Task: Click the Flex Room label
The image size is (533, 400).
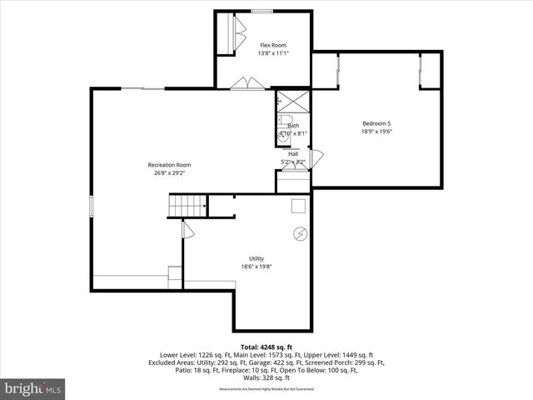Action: pyautogui.click(x=274, y=45)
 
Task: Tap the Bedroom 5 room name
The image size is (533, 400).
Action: pyautogui.click(x=376, y=122)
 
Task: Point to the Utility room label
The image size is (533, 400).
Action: pyautogui.click(x=256, y=258)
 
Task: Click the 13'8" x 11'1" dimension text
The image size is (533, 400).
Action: pyautogui.click(x=274, y=53)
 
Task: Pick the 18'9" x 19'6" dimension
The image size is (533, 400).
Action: pyautogui.click(x=376, y=131)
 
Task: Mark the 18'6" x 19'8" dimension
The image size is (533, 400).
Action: pyautogui.click(x=256, y=267)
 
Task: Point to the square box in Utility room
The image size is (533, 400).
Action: pyautogui.click(x=298, y=206)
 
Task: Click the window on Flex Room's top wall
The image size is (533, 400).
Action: pyautogui.click(x=262, y=11)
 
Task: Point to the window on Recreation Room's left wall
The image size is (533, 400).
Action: pyautogui.click(x=92, y=207)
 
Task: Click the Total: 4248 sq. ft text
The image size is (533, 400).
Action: pyautogui.click(x=266, y=346)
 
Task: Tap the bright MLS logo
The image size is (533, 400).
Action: pyautogui.click(x=33, y=388)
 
